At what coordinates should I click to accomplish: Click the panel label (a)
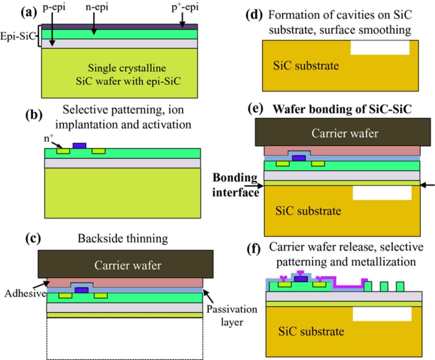[29, 13]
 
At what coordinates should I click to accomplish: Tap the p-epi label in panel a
[54, 7]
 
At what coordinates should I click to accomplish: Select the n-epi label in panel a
[97, 7]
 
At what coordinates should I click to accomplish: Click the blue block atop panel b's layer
[80, 146]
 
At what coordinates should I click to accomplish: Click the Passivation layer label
[232, 315]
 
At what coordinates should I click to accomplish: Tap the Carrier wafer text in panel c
[127, 265]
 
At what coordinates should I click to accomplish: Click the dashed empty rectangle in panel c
[125, 339]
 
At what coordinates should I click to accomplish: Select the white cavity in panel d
[380, 48]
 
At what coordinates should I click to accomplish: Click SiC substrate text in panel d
[306, 66]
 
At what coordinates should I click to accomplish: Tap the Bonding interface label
[235, 185]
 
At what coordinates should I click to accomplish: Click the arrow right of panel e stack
[428, 185]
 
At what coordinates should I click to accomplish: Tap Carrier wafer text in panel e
[345, 133]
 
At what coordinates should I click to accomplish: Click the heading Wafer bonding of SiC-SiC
[342, 109]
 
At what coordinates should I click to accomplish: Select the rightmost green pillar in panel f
[400, 287]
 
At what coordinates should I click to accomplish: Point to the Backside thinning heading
[123, 238]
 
